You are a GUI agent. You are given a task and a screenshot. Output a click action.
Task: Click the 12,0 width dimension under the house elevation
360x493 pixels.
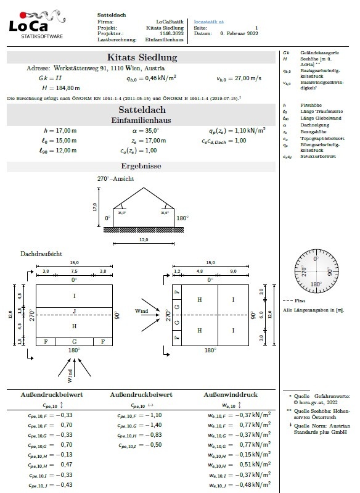point(143,239)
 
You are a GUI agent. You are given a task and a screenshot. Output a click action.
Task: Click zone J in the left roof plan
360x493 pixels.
point(74,311)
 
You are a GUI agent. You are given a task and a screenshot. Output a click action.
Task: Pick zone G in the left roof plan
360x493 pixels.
point(74,341)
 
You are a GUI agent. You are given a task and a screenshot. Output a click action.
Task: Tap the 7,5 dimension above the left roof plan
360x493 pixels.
point(74,271)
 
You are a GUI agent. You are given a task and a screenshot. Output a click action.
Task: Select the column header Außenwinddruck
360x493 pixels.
point(232,394)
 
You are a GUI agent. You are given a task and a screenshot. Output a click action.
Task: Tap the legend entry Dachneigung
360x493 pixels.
point(313,124)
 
